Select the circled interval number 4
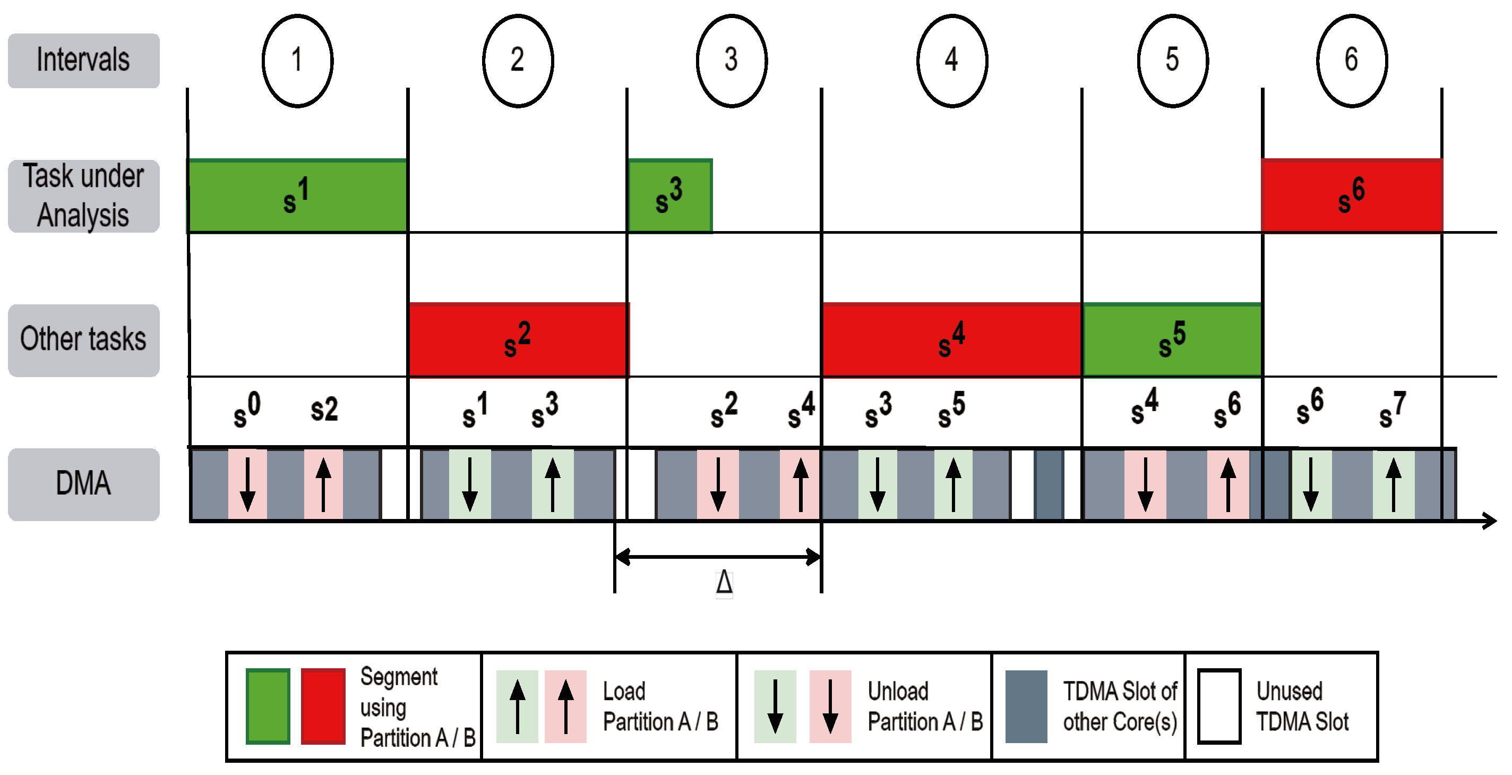click(951, 61)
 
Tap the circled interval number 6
click(1351, 61)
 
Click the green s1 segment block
click(297, 196)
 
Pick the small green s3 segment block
click(669, 196)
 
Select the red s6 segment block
click(1351, 196)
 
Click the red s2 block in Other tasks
click(518, 340)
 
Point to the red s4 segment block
click(951, 340)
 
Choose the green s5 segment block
click(1172, 340)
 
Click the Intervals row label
click(83, 61)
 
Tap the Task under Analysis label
click(83, 196)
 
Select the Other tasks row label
click(83, 340)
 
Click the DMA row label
click(83, 484)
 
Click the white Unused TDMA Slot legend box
click(1218, 706)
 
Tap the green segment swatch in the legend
click(268, 706)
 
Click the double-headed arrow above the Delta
click(717, 557)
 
